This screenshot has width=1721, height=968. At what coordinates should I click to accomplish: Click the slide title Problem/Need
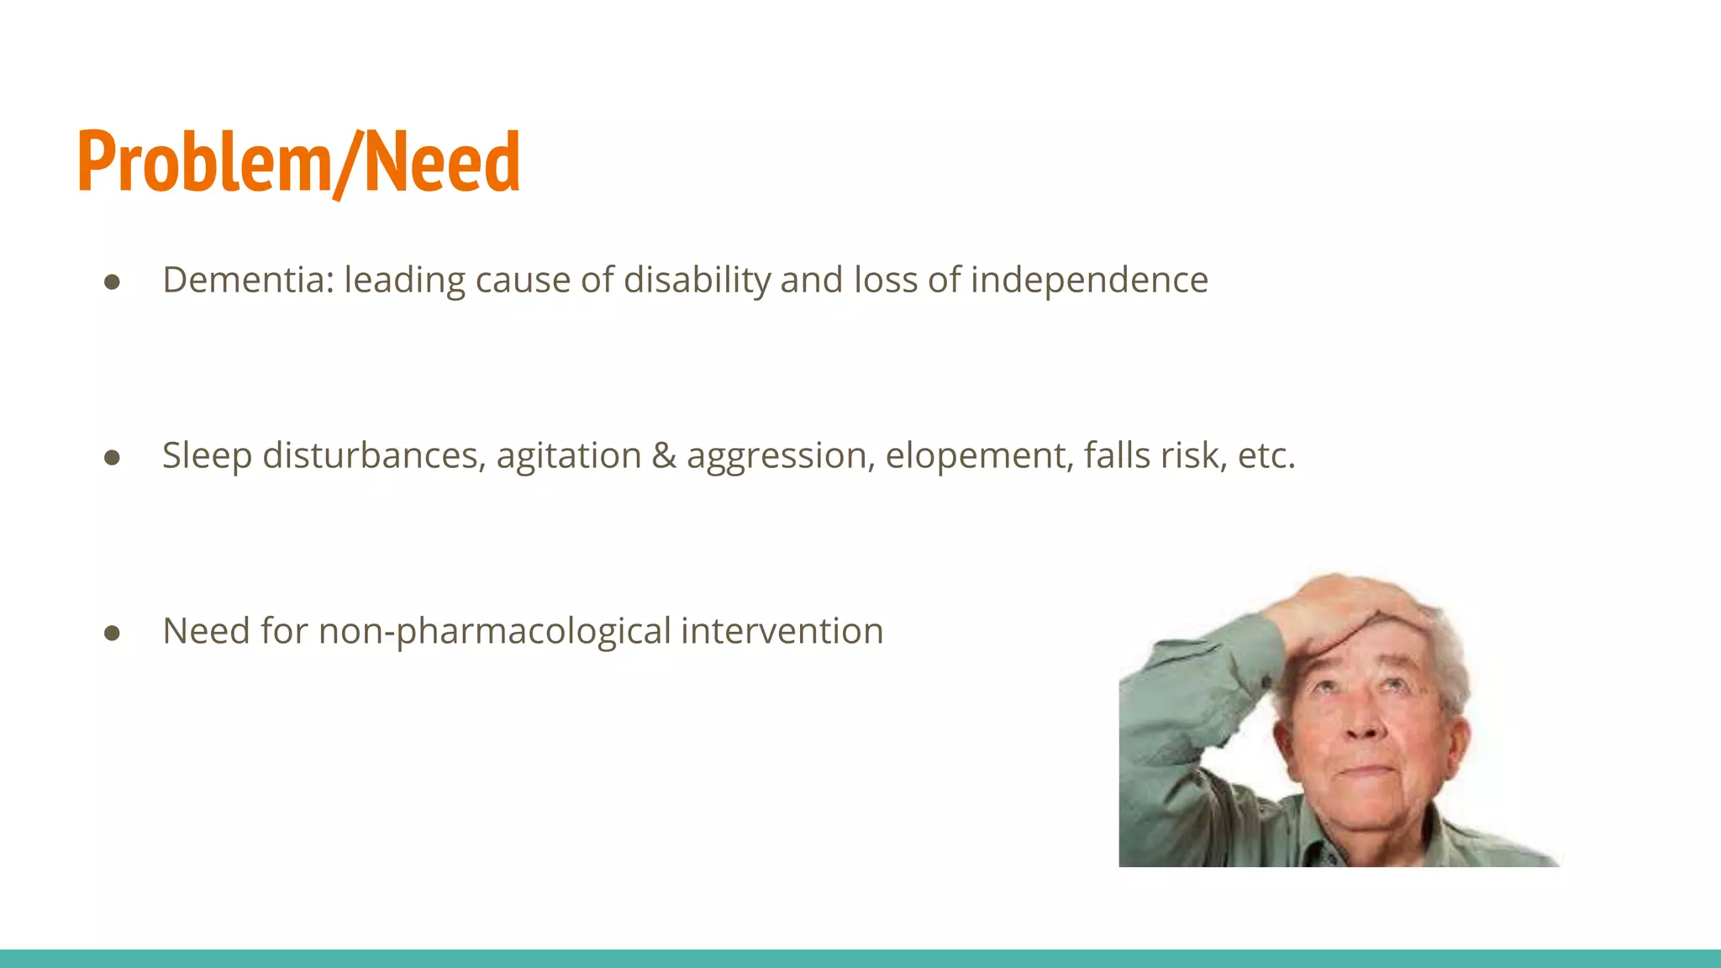pyautogui.click(x=298, y=161)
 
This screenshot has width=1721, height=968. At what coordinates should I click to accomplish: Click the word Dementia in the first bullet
pyautogui.click(x=248, y=280)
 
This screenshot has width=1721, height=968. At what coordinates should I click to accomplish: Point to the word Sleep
pyautogui.click(x=207, y=455)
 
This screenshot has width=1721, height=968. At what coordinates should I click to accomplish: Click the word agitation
pyautogui.click(x=569, y=455)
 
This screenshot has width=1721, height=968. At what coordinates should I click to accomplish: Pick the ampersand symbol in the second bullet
pyautogui.click(x=664, y=455)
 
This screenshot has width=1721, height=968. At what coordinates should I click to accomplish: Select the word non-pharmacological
pyautogui.click(x=495, y=632)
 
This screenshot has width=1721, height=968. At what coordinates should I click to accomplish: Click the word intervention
pyautogui.click(x=782, y=631)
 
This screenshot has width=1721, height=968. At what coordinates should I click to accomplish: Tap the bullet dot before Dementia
pyautogui.click(x=112, y=282)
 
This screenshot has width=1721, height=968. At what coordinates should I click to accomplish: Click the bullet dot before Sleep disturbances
pyautogui.click(x=112, y=458)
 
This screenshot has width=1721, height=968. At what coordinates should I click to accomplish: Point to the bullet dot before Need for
pyautogui.click(x=112, y=634)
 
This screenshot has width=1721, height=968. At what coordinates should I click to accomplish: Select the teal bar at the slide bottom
pyautogui.click(x=860, y=958)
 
